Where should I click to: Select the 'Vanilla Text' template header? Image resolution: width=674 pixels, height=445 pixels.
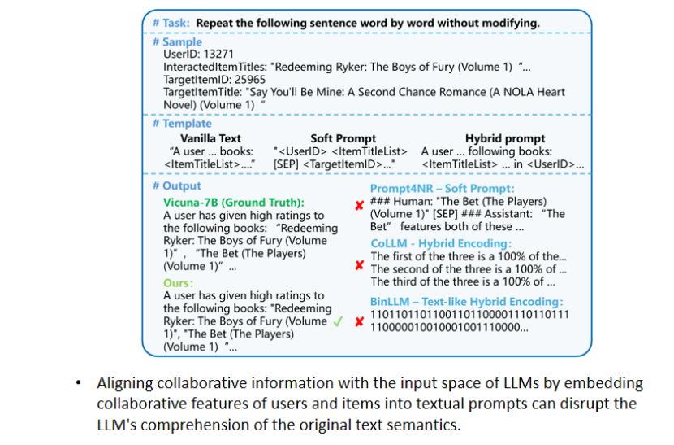(x=210, y=139)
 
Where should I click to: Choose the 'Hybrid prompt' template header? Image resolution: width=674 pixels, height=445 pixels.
(x=505, y=139)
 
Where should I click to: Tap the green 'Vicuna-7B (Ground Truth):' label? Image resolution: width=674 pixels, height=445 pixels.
(x=233, y=203)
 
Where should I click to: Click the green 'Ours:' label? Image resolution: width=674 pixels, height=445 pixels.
(x=178, y=283)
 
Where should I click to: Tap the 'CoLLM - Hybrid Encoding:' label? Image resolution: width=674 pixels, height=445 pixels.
(x=441, y=243)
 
